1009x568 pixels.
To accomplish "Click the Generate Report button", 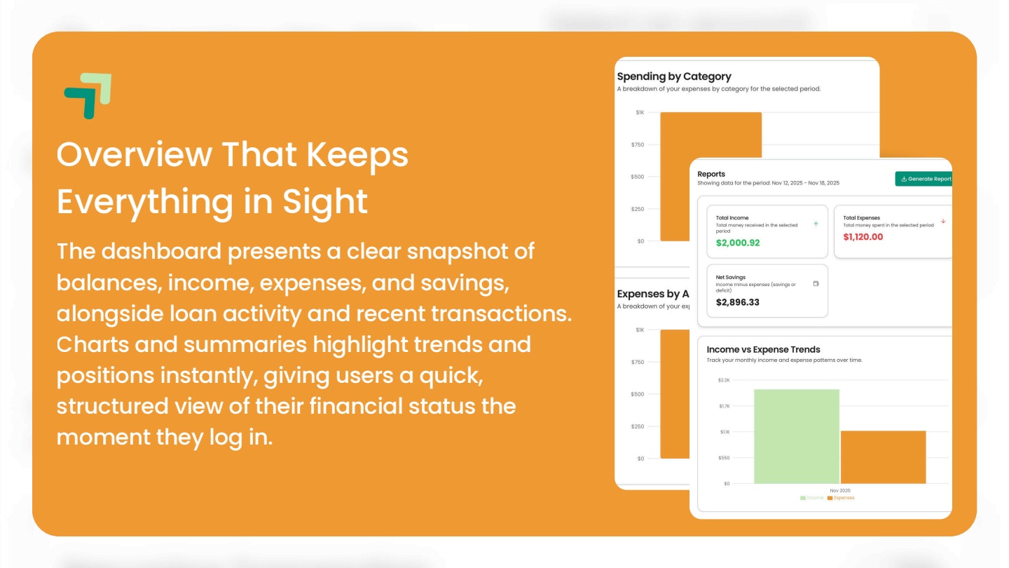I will (925, 179).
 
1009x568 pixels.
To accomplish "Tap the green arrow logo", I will (88, 95).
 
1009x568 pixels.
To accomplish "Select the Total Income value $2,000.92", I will (738, 243).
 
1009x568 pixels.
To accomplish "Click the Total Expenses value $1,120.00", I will (863, 237).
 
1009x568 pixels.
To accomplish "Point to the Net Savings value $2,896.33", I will (737, 302).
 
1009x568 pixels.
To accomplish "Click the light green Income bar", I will (796, 436).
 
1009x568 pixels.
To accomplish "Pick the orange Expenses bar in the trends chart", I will (883, 457).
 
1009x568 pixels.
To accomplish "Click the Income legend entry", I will (812, 498).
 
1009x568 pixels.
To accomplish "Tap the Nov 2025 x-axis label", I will (839, 490).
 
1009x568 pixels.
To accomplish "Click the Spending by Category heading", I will (673, 76).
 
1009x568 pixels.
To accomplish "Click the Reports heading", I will (711, 174).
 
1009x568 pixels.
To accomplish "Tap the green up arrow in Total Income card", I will (816, 224).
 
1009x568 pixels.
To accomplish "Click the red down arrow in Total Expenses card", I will (943, 222).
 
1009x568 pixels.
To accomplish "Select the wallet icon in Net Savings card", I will (816, 284).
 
